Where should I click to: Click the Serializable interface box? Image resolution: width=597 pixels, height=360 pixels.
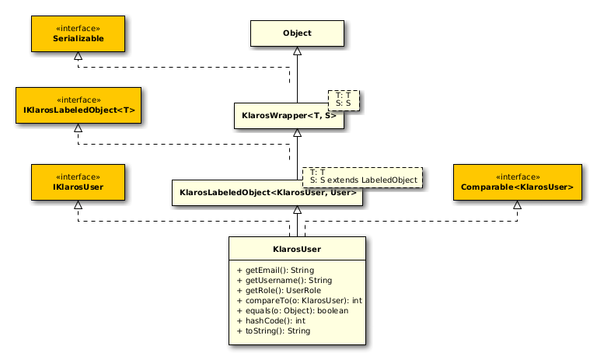[x=78, y=33]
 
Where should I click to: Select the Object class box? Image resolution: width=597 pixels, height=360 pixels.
[x=296, y=33]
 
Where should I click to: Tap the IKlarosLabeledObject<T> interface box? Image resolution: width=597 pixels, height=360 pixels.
[x=78, y=105]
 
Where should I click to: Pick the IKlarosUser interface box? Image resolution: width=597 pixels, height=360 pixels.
[x=78, y=182]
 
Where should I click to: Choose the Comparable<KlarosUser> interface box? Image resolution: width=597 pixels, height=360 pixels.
[x=517, y=182]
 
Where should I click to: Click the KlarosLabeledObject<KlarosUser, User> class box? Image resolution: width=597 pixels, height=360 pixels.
[x=267, y=192]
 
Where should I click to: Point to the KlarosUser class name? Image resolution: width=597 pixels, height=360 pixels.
[x=297, y=249]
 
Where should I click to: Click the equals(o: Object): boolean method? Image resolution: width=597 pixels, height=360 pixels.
[x=292, y=310]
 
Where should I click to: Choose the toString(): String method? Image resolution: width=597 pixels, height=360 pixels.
[x=273, y=330]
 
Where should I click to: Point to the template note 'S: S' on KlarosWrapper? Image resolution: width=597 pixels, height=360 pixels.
[x=343, y=103]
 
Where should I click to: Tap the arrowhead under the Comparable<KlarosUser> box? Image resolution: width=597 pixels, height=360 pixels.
[x=517, y=205]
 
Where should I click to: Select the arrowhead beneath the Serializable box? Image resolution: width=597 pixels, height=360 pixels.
[x=78, y=57]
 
